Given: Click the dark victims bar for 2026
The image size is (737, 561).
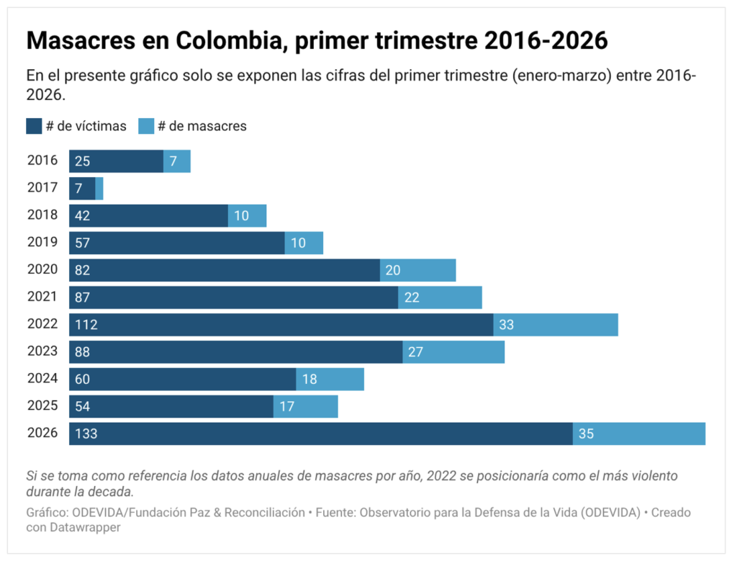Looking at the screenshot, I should coord(320,434).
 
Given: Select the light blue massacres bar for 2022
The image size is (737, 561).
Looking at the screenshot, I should coord(556,325).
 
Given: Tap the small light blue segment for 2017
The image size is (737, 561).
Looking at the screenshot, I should coord(99,189).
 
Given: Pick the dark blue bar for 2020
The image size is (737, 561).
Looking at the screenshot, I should coord(225,270).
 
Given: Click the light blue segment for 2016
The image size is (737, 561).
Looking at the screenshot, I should coord(177,161).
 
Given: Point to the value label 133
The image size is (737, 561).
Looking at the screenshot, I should coord(86,434).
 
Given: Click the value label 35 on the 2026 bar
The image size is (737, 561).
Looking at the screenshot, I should coord(586,434).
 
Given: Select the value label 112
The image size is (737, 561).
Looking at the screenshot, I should coord(86,325).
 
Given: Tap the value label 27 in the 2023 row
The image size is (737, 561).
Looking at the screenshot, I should coord(416,352).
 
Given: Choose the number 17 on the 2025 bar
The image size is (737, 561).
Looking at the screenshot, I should coord(286,407).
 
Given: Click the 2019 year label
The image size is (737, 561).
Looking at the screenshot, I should coord(42,242).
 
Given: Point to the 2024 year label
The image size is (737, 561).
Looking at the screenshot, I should coord(42,378).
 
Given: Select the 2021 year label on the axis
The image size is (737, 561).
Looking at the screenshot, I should coord(42,296).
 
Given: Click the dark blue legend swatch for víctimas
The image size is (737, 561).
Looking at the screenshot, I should coord(34,126).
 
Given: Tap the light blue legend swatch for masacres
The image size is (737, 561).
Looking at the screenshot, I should coord(146,126).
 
